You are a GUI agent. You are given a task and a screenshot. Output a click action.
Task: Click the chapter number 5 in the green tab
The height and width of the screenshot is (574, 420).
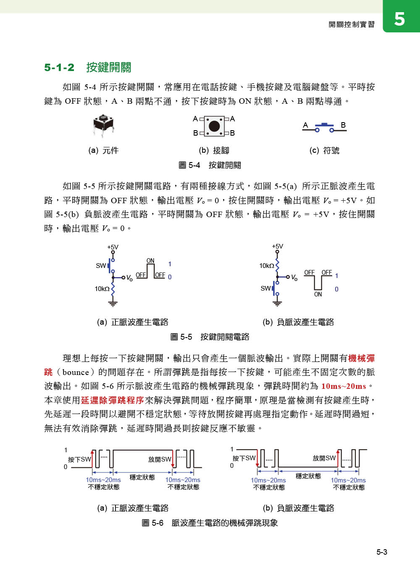(x=399, y=19)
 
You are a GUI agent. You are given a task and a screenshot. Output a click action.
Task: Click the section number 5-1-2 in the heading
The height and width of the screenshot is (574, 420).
(x=59, y=67)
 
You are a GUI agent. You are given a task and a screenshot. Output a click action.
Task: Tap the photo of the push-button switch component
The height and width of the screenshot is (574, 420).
(x=103, y=126)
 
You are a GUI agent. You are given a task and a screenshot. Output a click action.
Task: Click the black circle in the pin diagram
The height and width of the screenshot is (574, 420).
(x=214, y=126)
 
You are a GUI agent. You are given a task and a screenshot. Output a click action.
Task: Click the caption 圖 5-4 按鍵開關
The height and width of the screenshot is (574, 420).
(x=210, y=165)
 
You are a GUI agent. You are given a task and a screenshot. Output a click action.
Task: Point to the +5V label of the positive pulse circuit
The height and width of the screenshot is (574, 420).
(x=113, y=247)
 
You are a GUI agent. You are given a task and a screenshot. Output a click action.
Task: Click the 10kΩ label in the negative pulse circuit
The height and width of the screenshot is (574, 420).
(x=266, y=266)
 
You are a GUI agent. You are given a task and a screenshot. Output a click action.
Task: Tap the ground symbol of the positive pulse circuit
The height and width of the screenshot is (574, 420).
(x=113, y=302)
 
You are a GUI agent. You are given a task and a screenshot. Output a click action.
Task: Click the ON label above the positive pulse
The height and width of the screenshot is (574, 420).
(x=150, y=261)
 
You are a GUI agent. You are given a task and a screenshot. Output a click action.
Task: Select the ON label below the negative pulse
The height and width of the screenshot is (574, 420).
(x=318, y=294)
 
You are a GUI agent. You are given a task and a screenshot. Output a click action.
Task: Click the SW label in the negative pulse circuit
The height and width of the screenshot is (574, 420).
(x=265, y=288)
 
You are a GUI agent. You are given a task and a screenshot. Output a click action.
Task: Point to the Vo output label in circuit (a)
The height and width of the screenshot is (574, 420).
(x=129, y=278)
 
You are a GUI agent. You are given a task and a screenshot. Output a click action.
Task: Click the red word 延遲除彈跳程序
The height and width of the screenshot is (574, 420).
(x=113, y=400)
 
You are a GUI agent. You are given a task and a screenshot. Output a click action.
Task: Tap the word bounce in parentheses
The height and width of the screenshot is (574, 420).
(x=76, y=372)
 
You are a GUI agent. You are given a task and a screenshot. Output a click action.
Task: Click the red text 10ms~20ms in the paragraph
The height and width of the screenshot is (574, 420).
(x=344, y=386)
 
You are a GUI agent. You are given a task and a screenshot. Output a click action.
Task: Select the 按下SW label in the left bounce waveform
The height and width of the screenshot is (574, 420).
(x=79, y=459)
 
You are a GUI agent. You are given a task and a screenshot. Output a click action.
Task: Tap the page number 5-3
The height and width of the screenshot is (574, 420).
(x=381, y=552)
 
